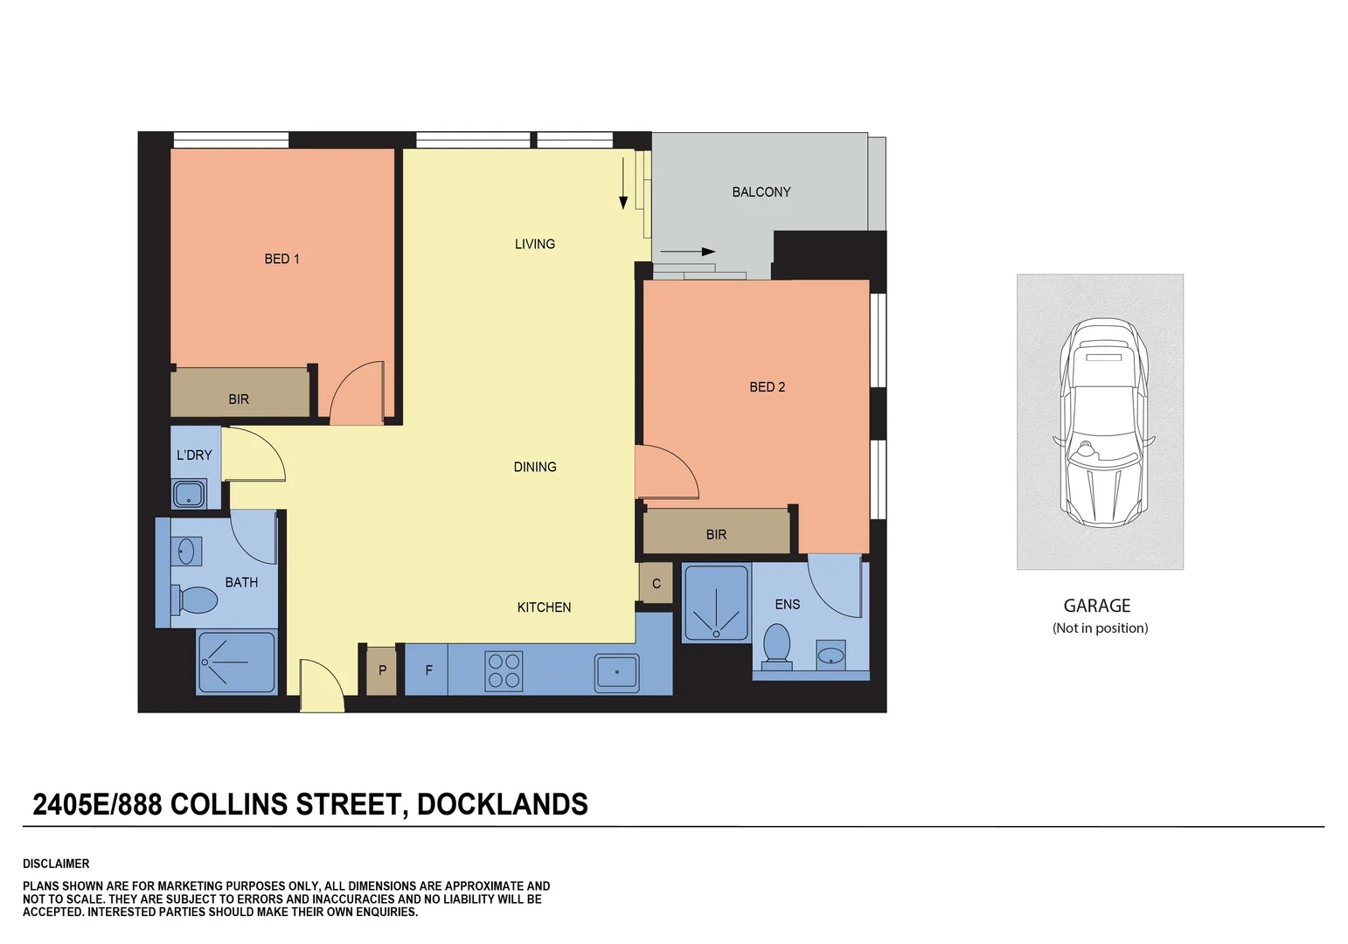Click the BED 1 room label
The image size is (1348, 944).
tap(281, 259)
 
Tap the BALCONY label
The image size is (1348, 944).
tap(761, 192)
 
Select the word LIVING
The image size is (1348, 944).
tap(534, 244)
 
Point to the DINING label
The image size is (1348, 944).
tap(534, 467)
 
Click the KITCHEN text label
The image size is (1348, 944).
tap(544, 607)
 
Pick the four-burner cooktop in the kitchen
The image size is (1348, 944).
tap(504, 671)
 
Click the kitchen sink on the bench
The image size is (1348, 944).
tap(616, 672)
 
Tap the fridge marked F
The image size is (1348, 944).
tap(427, 670)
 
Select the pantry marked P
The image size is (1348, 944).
tap(381, 670)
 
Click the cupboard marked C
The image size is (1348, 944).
tap(656, 584)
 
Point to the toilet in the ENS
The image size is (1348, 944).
tap(776, 644)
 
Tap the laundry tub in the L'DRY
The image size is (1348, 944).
tap(189, 494)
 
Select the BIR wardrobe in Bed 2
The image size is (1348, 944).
tap(716, 534)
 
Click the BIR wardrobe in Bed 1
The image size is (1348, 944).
tap(239, 399)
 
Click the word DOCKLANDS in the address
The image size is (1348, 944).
tap(502, 804)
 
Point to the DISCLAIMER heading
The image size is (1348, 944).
tap(56, 864)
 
